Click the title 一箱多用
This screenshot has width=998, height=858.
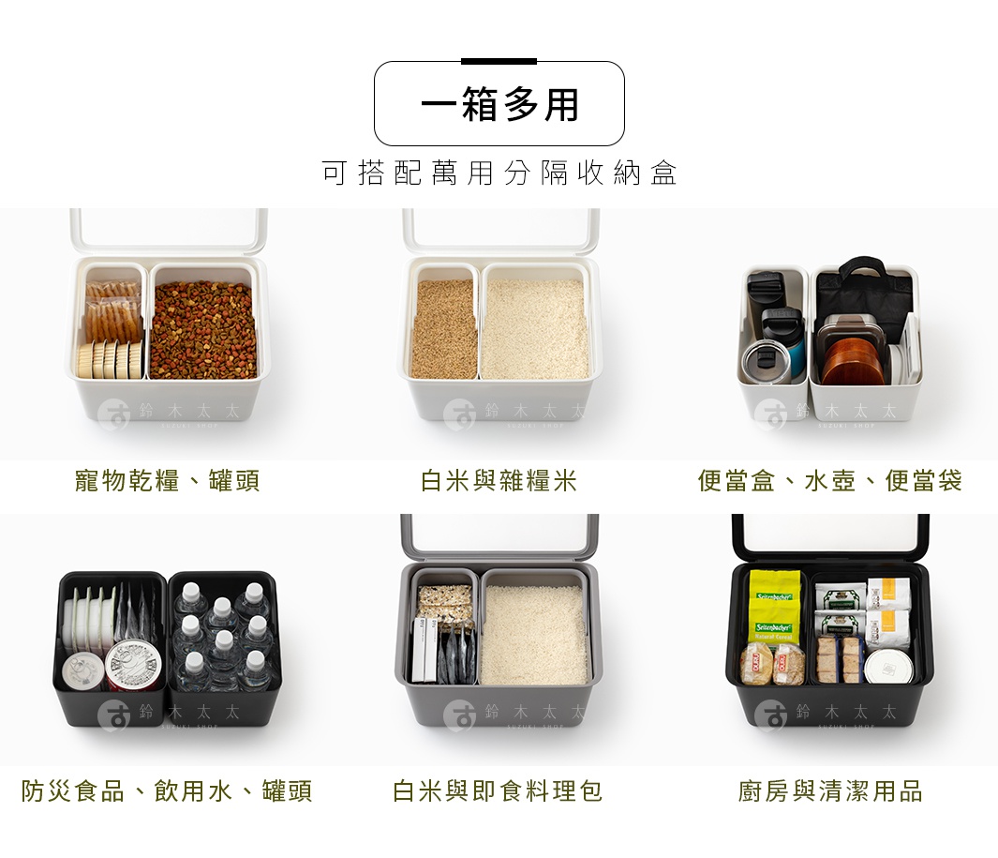499,104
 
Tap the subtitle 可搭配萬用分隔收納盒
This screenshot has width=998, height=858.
499,173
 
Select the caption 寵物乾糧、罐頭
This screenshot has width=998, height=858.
168,482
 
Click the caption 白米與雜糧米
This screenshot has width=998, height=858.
499,482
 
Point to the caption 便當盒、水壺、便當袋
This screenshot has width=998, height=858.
829,482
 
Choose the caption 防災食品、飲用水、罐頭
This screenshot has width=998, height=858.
168,791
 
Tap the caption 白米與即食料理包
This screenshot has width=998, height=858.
498,791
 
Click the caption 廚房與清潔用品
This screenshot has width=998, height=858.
829,791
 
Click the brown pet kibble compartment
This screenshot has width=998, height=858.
202,328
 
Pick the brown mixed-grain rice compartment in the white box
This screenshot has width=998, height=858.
444,328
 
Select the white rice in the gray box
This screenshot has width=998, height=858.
534,634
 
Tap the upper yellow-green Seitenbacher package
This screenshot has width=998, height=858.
774,591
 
